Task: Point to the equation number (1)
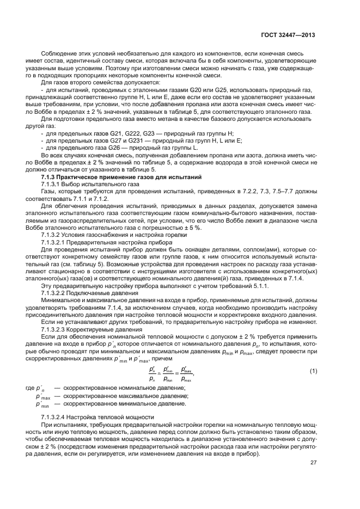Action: tap(313, 371)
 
